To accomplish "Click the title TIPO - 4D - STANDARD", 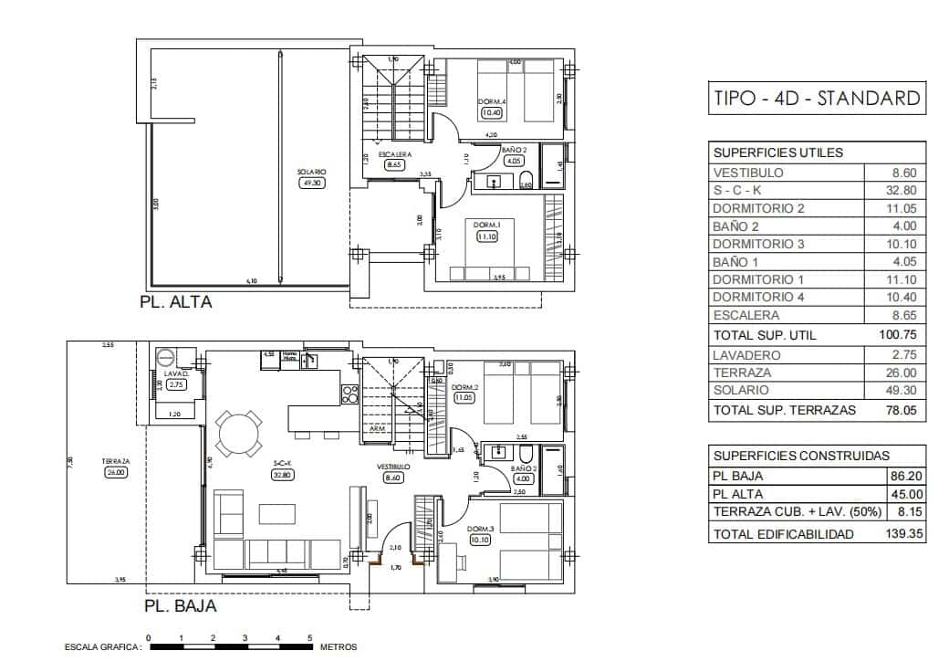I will coord(816,99).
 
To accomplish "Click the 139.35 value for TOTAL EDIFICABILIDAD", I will coord(902,534).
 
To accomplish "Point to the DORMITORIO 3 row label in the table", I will coord(758,244).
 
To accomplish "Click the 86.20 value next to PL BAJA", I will coord(906,476).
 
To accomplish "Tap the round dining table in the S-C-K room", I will coord(238,432).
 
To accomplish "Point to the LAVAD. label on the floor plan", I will coord(176,374).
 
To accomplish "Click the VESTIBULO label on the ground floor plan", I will coord(393,466).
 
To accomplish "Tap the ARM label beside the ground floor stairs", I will coord(376,428).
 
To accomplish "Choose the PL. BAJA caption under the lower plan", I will coord(180,604).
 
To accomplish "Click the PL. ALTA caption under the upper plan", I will coord(175,302).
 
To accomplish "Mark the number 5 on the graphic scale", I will coord(310,638).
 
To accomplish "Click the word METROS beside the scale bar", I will coord(339,647).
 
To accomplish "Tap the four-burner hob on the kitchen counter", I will coord(349,394).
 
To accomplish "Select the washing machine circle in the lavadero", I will coord(165,357).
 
